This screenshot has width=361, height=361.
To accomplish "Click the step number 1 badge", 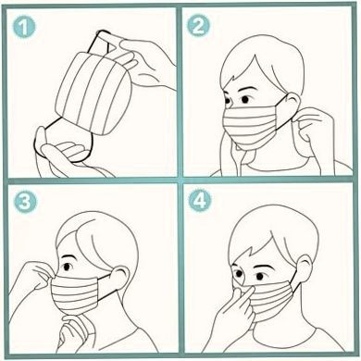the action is click(24, 27).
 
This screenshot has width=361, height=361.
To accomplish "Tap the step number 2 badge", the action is click(198, 26).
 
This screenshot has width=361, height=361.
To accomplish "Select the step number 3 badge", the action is click(25, 203).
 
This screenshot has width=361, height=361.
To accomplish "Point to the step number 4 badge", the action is click(200, 201).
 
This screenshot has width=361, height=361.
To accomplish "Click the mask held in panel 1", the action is click(93, 93).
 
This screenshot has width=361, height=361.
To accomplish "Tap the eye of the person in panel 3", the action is click(67, 266).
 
